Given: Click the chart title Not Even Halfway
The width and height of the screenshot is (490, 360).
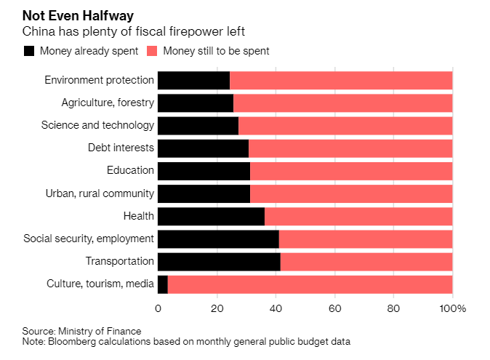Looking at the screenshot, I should point(77,15).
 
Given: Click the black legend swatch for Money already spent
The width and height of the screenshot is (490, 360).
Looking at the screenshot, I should point(29,51).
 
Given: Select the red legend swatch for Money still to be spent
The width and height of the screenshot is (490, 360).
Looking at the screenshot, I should point(152,51).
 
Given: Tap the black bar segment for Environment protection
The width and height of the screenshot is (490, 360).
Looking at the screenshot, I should point(193,80).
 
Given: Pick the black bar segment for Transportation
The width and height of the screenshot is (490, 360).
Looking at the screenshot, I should point(219,261).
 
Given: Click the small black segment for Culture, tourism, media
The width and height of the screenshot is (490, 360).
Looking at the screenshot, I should point(163,284).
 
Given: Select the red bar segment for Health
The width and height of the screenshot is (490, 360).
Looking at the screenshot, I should point(358,216).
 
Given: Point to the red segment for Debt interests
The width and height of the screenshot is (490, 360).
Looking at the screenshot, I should point(350,148).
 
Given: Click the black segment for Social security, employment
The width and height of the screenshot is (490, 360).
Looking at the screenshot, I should point(218,239).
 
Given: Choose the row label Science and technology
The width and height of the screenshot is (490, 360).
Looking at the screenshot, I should point(97,125).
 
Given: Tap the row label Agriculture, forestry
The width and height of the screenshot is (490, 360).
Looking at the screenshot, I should point(108,103).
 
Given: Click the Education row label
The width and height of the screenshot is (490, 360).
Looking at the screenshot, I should point(131,170).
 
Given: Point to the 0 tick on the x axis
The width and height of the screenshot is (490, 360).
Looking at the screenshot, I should point(158,308).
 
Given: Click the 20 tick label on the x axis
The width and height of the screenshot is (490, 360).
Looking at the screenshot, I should point(217,308).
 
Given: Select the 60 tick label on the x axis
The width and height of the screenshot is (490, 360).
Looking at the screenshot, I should point(334,308).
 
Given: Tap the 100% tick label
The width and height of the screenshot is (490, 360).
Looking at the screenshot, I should point(452,308).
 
